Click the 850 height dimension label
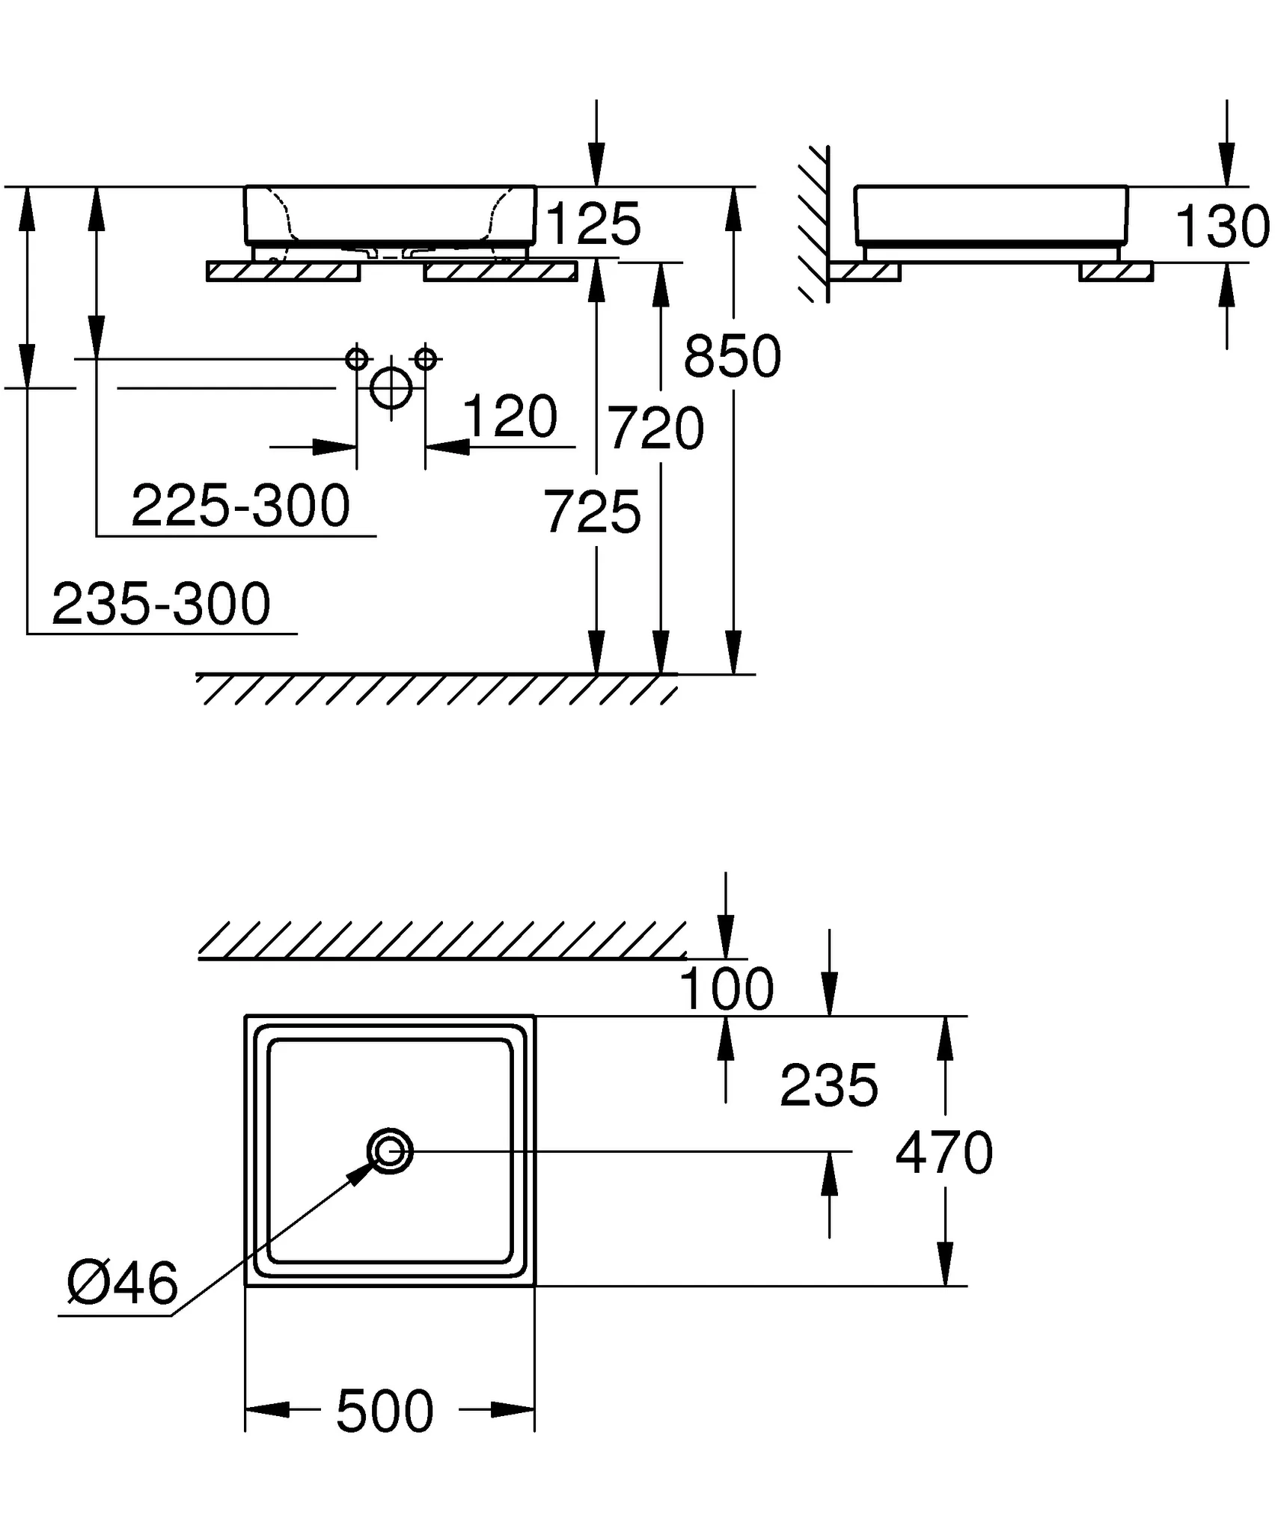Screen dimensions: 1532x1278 [732, 357]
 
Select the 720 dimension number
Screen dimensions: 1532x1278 [655, 429]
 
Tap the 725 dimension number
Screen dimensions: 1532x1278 [592, 512]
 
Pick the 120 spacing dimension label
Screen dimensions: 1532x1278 [510, 417]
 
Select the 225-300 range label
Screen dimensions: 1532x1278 [240, 506]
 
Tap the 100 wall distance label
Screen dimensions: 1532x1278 [725, 989]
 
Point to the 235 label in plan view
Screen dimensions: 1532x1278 [828, 1085]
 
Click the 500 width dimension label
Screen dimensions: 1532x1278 [385, 1412]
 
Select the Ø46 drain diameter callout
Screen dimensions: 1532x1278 [122, 1283]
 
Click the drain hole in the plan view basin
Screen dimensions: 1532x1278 [390, 1151]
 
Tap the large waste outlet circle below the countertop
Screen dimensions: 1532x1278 [391, 388]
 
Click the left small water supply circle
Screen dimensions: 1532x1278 [357, 359]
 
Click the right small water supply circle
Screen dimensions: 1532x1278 [425, 359]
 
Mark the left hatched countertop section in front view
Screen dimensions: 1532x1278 [284, 271]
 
